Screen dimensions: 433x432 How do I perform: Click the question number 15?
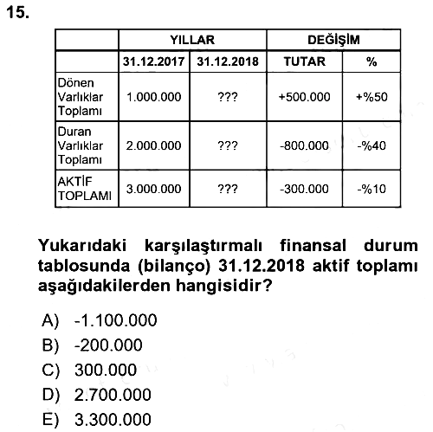[17, 13]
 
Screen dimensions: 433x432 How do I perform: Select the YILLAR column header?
[192, 40]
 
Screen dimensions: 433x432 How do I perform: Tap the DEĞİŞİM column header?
[333, 40]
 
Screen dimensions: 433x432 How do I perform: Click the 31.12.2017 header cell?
[153, 61]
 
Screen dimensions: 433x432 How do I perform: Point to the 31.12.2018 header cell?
[228, 61]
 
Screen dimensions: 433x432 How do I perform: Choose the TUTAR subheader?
[305, 61]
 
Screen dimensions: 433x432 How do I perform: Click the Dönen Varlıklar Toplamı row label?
[81, 97]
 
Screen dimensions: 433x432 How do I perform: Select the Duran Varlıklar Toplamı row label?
[81, 145]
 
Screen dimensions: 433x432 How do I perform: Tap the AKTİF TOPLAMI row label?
[84, 189]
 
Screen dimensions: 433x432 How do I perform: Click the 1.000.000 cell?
[154, 97]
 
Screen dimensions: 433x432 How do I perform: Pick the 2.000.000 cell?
[153, 145]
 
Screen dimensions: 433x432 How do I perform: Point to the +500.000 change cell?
[304, 97]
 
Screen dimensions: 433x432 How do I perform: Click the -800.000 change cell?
[304, 145]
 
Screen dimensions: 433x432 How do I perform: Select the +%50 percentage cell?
[372, 97]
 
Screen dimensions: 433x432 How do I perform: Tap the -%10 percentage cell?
[372, 189]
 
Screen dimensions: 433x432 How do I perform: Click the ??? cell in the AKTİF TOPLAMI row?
[228, 189]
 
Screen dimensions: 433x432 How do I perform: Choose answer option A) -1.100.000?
[100, 320]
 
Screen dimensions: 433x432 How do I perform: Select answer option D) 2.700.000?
[97, 395]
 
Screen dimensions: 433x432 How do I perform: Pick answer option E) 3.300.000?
[97, 420]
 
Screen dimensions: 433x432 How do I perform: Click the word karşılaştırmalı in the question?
[204, 246]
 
